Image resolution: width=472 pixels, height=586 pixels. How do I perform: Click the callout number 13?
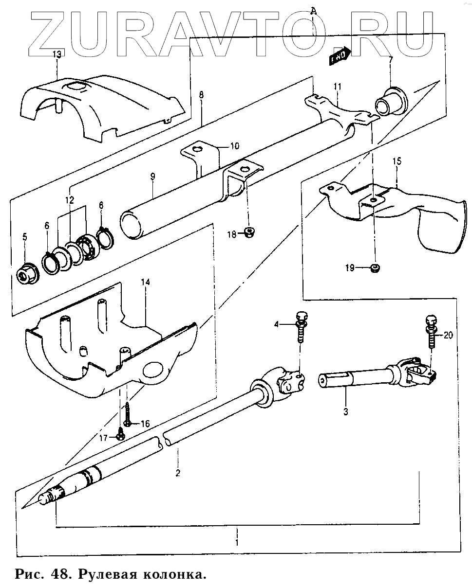[57, 54]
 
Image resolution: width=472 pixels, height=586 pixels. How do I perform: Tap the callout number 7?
[390, 60]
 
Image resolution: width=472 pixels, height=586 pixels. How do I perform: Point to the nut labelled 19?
[376, 267]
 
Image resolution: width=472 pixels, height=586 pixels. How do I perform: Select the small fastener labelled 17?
[121, 434]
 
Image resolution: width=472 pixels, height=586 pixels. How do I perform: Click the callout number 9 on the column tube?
[152, 177]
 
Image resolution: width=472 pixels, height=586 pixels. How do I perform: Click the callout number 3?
[345, 412]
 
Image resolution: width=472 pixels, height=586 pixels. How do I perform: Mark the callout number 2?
[178, 473]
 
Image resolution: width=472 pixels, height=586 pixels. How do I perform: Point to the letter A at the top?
[313, 11]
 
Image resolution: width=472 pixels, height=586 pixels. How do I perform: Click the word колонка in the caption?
[174, 574]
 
